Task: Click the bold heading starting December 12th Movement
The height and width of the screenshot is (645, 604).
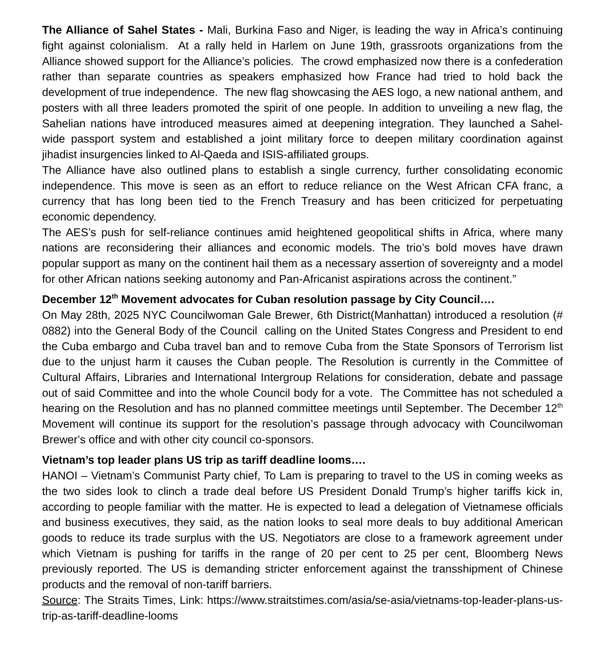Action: pos(268,300)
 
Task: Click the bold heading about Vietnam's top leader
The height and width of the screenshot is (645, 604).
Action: pos(204,460)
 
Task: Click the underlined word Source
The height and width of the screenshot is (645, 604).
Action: pos(59,600)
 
